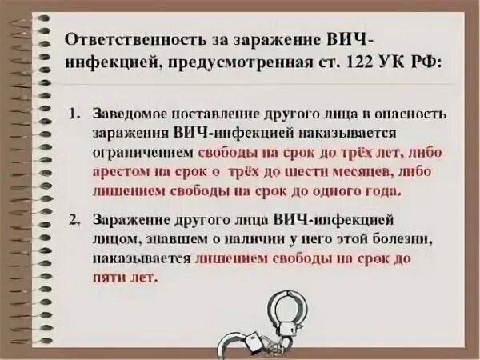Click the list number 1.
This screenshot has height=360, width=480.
74,114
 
